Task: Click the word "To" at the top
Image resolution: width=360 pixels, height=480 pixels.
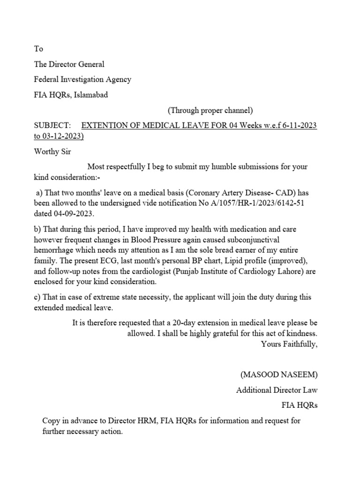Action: pyautogui.click(x=38, y=49)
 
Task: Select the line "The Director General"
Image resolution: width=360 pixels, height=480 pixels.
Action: pyautogui.click(x=69, y=64)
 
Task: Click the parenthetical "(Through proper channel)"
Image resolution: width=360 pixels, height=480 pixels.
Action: pyautogui.click(x=210, y=111)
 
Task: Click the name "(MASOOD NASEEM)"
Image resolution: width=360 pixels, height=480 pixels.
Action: pyautogui.click(x=279, y=375)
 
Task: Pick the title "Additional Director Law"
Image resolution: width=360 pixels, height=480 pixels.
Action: pyautogui.click(x=277, y=390)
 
